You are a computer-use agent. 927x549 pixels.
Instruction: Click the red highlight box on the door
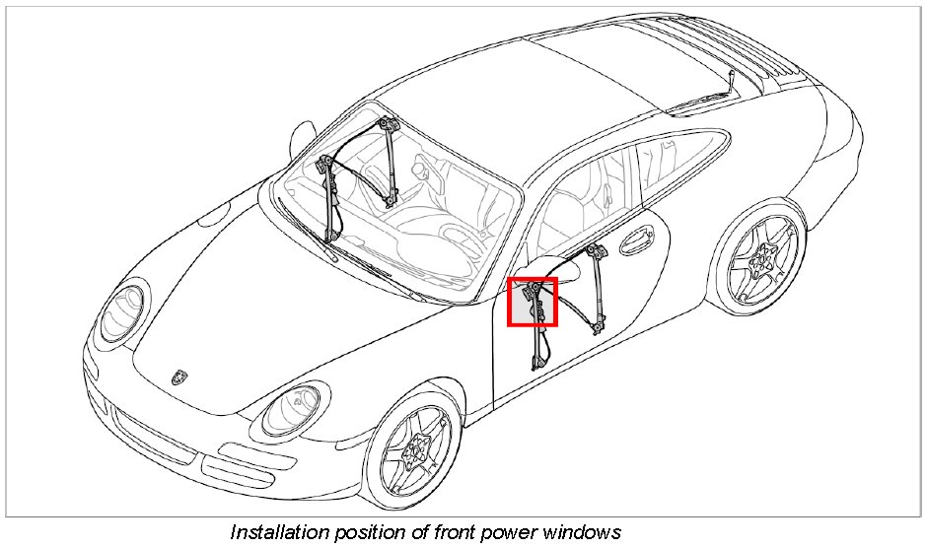tap(533, 302)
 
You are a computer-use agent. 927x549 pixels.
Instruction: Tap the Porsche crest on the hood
tap(178, 377)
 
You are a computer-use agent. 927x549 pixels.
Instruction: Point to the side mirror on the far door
tap(305, 133)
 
